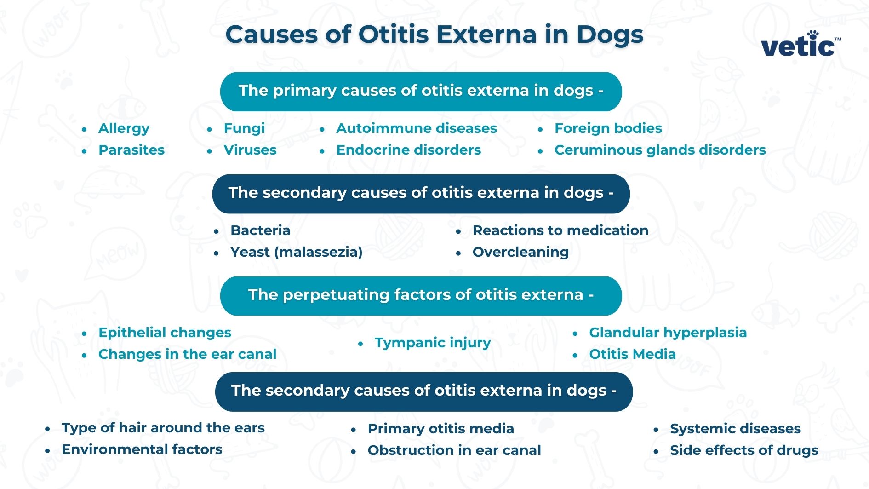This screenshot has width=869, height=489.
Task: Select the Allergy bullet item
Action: click(124, 128)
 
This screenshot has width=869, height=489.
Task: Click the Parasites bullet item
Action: click(131, 150)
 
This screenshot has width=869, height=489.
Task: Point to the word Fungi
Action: click(244, 128)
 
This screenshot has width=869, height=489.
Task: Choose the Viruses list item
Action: click(250, 150)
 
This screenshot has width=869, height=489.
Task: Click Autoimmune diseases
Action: click(416, 128)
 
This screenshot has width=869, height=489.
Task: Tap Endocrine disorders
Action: click(408, 150)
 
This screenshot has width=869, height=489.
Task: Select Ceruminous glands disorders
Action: click(660, 150)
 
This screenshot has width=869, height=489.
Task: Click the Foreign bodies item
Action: click(608, 128)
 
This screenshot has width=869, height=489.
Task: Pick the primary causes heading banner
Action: click(421, 91)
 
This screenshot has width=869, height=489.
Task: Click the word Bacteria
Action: click(260, 230)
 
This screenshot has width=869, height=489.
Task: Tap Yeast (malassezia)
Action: click(296, 252)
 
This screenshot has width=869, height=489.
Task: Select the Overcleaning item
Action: click(520, 252)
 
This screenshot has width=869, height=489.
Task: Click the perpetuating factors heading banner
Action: click(421, 295)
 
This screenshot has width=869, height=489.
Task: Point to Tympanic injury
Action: click(432, 343)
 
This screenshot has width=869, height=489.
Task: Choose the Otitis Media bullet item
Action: click(632, 354)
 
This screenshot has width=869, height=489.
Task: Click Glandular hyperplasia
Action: click(668, 333)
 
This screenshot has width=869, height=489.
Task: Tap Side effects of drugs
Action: click(743, 450)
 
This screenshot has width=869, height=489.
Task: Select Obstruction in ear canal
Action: click(454, 450)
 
